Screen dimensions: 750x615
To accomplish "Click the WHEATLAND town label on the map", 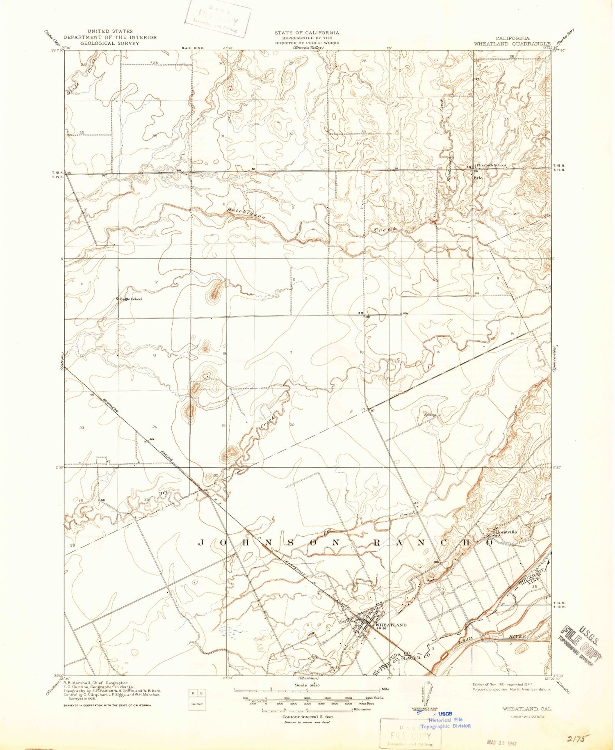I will coord(391,625).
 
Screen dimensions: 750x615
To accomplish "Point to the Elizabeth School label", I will coord(491,165).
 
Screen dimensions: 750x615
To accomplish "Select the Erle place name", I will coord(478,178).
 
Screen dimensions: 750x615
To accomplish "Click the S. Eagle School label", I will coord(129,299).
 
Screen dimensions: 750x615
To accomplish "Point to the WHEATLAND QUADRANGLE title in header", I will coord(512,43).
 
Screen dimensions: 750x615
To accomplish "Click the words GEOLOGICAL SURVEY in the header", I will coord(110,43).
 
